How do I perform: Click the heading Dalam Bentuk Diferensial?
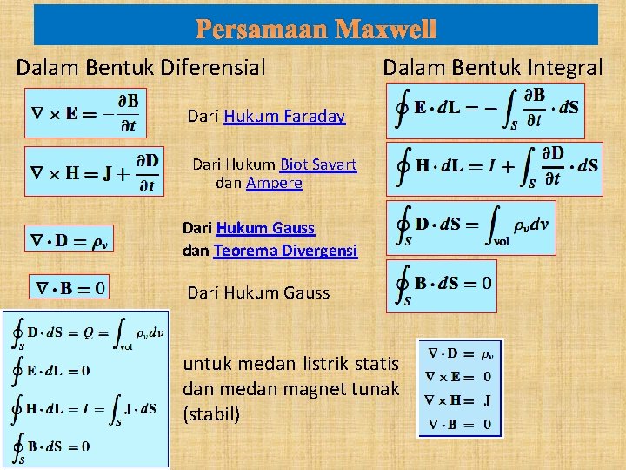point(141,67)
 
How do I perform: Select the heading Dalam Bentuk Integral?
point(493,67)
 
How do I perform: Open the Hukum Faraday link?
point(284,116)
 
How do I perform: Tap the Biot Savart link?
point(318,164)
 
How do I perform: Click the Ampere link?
point(274,183)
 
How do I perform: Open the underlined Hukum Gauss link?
point(265,228)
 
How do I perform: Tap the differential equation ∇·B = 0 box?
point(70,288)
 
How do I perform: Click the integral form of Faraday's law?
point(486,110)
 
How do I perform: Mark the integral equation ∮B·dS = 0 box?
point(443,285)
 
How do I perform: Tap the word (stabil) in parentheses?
point(211,413)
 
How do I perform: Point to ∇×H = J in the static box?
point(459,401)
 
